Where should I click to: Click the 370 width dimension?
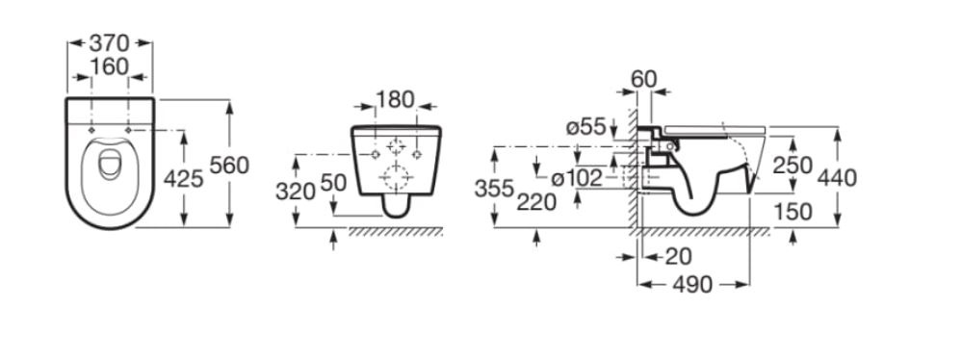click(x=109, y=43)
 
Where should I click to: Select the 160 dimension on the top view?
click(x=109, y=66)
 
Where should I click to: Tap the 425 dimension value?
click(x=183, y=178)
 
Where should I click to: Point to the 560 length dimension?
click(x=229, y=165)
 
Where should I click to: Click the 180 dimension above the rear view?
click(x=395, y=99)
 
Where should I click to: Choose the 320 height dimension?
click(x=295, y=192)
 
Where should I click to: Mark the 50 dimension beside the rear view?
click(x=334, y=183)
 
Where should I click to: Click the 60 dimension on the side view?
click(x=643, y=79)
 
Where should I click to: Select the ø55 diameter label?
click(x=585, y=128)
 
